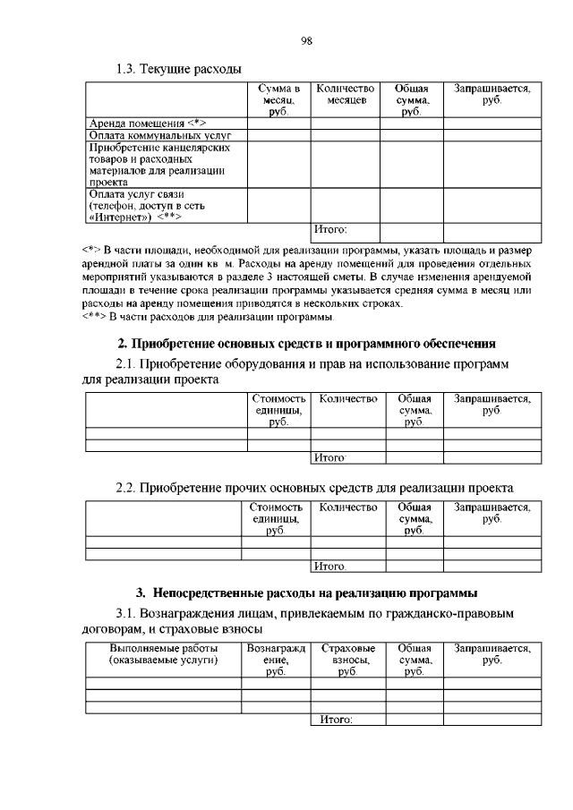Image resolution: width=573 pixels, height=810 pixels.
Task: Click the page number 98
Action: pyautogui.click(x=306, y=39)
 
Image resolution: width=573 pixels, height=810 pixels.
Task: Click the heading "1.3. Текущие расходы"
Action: pyautogui.click(x=179, y=69)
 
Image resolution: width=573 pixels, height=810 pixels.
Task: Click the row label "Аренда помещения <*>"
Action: pyautogui.click(x=148, y=123)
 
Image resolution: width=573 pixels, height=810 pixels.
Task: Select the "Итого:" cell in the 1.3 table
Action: pyautogui.click(x=330, y=230)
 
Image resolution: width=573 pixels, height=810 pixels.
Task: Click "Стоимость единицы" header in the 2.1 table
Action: pyautogui.click(x=278, y=409)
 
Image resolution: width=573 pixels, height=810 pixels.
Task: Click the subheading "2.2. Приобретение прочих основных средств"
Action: pyautogui.click(x=314, y=489)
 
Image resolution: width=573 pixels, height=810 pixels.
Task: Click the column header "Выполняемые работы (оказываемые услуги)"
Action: pyautogui.click(x=163, y=653)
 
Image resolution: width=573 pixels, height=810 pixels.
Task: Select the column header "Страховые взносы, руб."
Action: pyautogui.click(x=347, y=660)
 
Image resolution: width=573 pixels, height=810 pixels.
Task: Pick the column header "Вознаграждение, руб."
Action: pyautogui.click(x=276, y=660)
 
